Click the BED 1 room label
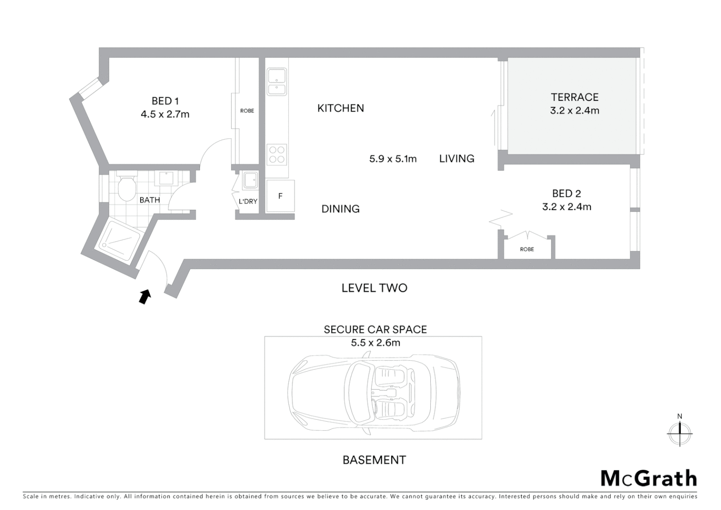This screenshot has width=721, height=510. point(165,101)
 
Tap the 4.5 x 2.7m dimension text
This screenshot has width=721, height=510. point(165,114)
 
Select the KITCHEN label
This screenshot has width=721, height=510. point(340,108)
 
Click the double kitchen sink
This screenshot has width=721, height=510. point(277,82)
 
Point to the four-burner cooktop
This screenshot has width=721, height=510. point(277,154)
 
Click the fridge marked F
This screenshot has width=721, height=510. point(280,196)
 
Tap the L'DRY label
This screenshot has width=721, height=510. point(248,201)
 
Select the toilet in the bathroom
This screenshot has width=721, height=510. point(126,188)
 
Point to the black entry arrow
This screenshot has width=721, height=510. point(145,296)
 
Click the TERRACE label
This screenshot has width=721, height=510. point(574,97)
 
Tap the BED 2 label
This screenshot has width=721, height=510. point(566,194)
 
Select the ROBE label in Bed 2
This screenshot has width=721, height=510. point(527,249)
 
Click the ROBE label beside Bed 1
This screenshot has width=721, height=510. point(247,111)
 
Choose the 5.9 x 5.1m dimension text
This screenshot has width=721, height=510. point(393,159)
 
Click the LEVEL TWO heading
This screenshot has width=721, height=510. point(374,288)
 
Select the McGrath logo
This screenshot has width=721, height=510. point(648,478)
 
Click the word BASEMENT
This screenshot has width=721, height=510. point(374,460)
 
